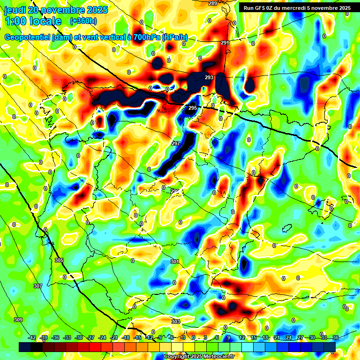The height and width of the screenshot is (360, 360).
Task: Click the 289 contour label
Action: tap(213, 4)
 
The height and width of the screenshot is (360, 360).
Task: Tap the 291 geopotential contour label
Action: tap(225, 43)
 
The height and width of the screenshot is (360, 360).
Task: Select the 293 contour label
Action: tap(209, 77)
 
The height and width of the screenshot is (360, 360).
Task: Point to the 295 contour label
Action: tap(193, 108)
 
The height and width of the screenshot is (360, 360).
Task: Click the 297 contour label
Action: tap(176, 143)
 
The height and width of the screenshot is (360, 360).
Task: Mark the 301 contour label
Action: tap(175, 262)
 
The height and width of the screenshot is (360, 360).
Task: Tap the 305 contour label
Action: tap(59, 260)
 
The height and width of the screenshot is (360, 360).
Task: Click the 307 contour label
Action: tap(38, 286)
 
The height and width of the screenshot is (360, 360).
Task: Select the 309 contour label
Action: tap(18, 320)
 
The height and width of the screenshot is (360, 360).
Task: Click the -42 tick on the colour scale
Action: tap(33, 337)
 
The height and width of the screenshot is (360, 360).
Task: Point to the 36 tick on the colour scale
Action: tap(336, 337)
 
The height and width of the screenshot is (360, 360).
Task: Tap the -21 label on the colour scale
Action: tap(114, 337)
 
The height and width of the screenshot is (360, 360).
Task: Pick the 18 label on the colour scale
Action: tap(265, 337)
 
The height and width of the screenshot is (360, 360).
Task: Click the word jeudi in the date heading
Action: tap(15, 9)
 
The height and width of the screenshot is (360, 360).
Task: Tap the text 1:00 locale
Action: tap(33, 21)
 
